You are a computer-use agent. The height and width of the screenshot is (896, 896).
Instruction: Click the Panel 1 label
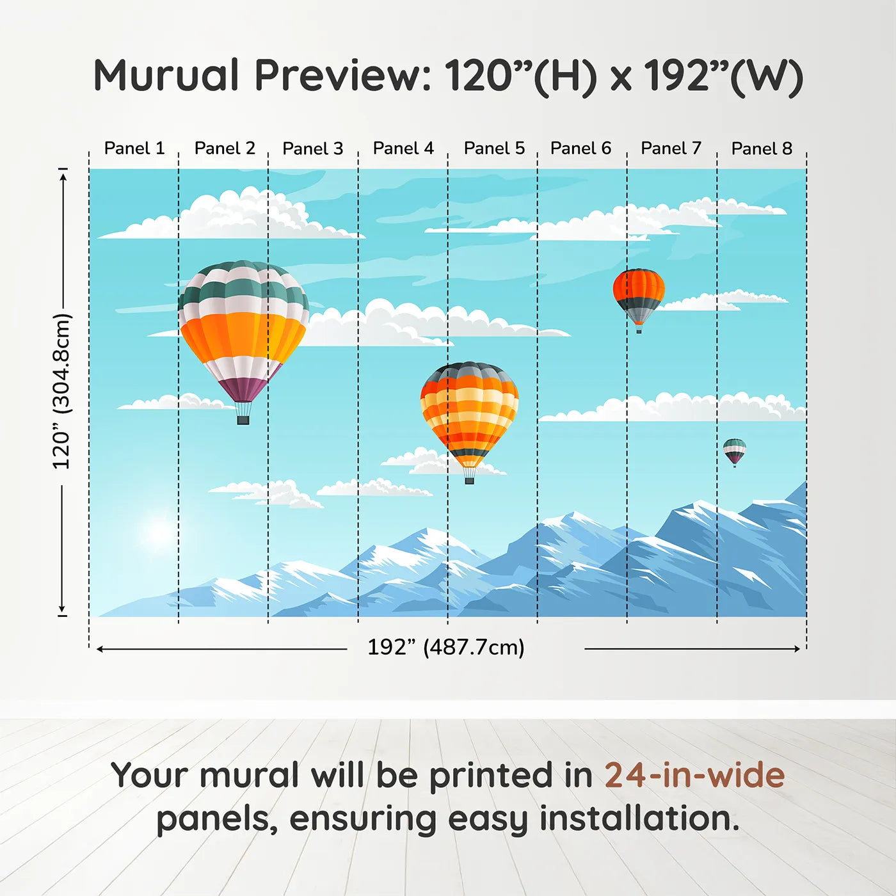point(134,148)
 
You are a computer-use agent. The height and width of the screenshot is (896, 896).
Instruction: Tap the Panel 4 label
point(403,148)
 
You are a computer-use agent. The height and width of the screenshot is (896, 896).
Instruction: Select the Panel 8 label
point(762,148)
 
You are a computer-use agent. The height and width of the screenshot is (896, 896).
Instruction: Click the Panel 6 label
point(580,148)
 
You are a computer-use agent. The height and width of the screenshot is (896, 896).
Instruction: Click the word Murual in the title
point(166,76)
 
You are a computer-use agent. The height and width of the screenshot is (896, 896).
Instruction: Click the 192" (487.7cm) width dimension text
point(445,647)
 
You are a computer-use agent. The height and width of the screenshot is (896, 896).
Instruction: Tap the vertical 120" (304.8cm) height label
point(61,391)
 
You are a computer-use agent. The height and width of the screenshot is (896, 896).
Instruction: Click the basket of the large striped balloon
point(243,420)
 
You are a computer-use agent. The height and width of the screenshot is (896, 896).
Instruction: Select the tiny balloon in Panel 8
point(734,451)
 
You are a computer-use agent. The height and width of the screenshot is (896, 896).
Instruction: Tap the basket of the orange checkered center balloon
point(469,480)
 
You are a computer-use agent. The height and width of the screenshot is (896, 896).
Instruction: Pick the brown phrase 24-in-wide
point(694,775)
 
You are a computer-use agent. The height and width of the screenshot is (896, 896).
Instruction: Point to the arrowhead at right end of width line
point(797,648)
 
